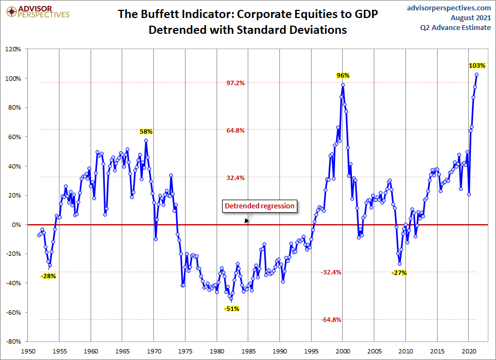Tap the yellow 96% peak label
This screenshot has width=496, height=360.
(343, 75)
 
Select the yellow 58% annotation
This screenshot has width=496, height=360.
(146, 131)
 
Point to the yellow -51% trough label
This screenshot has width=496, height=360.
(231, 309)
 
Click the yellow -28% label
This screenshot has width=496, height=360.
(48, 276)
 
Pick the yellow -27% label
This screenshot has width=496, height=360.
(399, 273)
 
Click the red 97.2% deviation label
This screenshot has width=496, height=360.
(236, 83)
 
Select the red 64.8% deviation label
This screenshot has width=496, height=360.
(236, 130)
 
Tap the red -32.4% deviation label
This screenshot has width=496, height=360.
(331, 272)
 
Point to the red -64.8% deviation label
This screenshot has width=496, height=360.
(331, 320)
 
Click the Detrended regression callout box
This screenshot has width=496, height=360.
(260, 206)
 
